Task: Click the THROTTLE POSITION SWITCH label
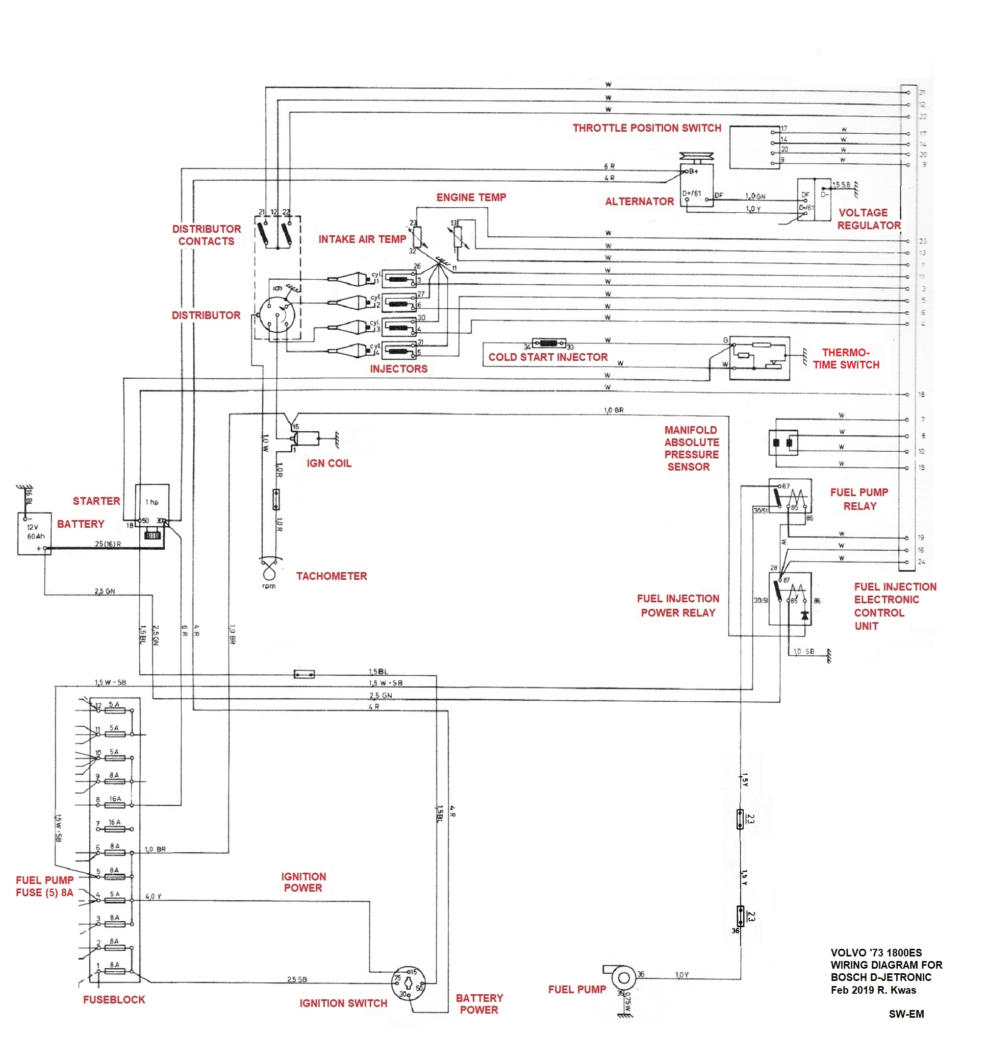[646, 128]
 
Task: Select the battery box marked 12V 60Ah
[35, 533]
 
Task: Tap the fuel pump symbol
[623, 977]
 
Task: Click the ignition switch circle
[408, 982]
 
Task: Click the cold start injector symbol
[548, 343]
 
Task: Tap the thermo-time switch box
[759, 358]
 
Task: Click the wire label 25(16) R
[108, 544]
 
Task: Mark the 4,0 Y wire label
[153, 896]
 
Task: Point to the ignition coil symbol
[306, 438]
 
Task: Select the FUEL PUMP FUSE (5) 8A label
[45, 886]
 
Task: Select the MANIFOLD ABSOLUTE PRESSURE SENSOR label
[691, 448]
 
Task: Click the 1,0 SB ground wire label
[803, 651]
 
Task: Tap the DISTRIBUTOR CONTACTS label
[206, 235]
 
